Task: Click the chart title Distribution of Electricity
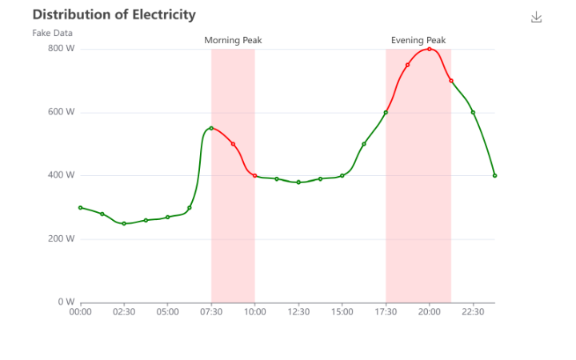[x=114, y=14]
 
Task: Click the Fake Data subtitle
[x=53, y=33]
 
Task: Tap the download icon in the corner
[x=536, y=17]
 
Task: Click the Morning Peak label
[x=233, y=40]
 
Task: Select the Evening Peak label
[x=418, y=40]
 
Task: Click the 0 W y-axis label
[x=66, y=302]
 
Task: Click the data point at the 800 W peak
[x=430, y=49]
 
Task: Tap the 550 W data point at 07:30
[x=211, y=128]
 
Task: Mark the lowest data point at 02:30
[x=124, y=223]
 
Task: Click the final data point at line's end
[x=495, y=175]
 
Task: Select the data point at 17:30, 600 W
[x=386, y=112]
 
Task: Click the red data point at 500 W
[x=233, y=144]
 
